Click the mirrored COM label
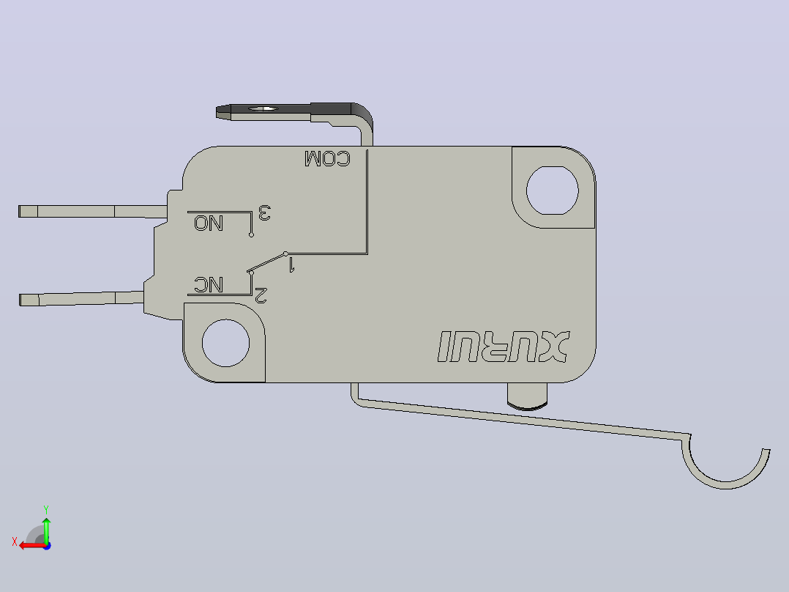click(x=327, y=159)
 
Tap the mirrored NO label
click(x=209, y=223)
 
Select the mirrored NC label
click(x=209, y=285)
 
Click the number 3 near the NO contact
click(x=265, y=212)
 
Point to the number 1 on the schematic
click(x=291, y=264)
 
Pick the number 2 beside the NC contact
click(x=261, y=295)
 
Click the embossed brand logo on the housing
click(x=504, y=347)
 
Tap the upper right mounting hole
click(x=553, y=190)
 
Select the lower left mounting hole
click(x=225, y=343)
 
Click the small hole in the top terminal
click(x=263, y=108)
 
